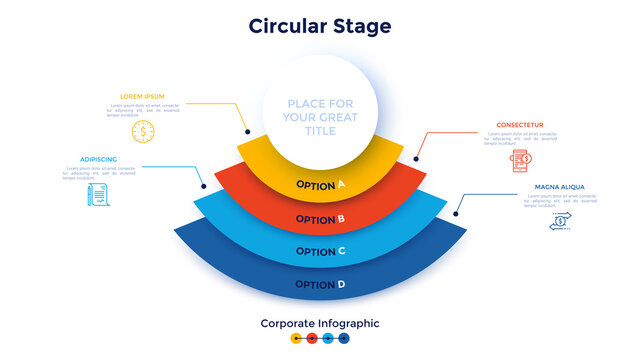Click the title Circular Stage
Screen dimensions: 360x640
(x=320, y=26)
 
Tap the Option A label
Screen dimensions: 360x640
(x=320, y=185)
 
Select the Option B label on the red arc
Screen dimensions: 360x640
(x=320, y=219)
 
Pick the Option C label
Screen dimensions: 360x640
(x=320, y=252)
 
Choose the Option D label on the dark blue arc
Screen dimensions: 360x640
(x=320, y=285)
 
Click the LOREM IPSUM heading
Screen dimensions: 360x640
(x=141, y=96)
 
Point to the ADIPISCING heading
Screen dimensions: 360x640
(x=98, y=158)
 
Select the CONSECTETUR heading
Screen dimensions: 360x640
(x=520, y=125)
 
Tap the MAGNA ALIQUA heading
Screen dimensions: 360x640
(x=560, y=187)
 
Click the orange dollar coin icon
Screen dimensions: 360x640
(x=142, y=131)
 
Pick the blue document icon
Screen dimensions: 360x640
(x=98, y=195)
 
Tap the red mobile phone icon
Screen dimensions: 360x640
(x=520, y=161)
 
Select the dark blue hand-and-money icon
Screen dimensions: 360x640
(x=560, y=222)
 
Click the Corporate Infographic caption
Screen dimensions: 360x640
(x=320, y=323)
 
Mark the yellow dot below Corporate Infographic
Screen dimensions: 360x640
(x=296, y=339)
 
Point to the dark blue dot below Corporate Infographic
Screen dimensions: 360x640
(x=344, y=339)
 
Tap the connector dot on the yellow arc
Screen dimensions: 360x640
(x=246, y=131)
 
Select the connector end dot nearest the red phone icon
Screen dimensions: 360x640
(x=416, y=158)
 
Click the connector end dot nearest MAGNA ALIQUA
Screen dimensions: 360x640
(x=456, y=212)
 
